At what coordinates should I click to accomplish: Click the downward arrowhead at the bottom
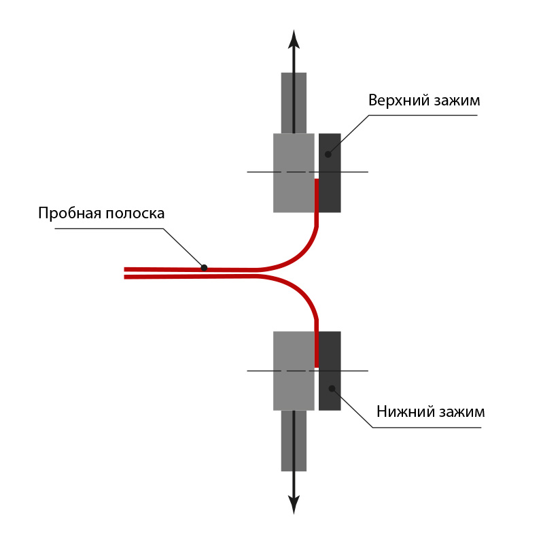294,505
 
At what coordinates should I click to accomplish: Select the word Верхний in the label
399,100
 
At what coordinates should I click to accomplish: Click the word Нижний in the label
405,412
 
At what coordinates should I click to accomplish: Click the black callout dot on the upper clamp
328,154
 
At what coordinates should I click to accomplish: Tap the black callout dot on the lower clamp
332,388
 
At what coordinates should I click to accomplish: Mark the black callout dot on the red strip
204,268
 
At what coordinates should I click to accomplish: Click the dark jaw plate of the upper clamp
330,173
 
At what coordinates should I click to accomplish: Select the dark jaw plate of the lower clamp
330,371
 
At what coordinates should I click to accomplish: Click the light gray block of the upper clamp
294,173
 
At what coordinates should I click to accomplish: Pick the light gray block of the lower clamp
294,371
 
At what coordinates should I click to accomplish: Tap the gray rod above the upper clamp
294,103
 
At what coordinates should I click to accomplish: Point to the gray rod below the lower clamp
294,441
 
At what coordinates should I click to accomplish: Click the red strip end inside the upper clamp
317,180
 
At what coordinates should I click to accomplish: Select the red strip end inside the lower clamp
317,366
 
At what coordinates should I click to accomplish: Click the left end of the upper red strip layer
125,269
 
